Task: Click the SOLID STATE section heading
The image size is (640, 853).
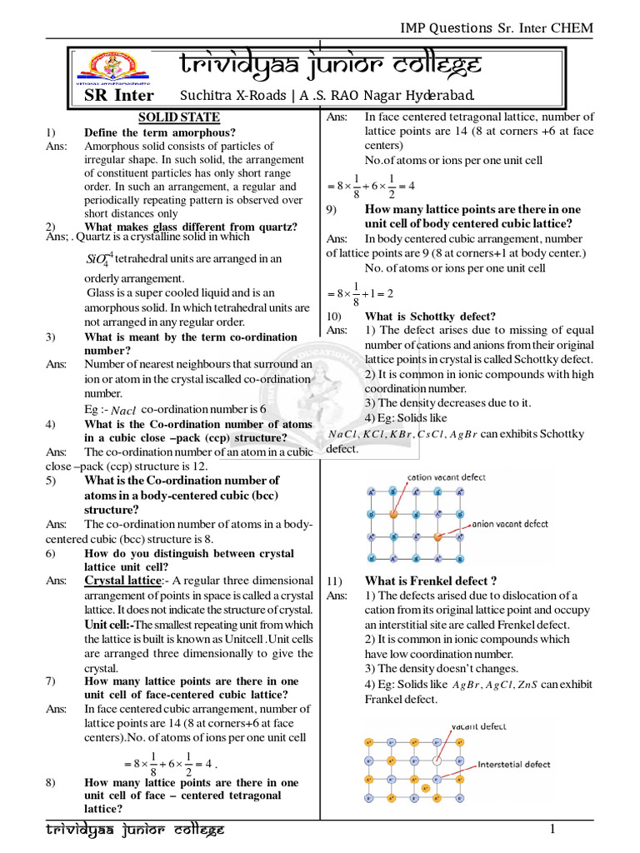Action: pos(178,117)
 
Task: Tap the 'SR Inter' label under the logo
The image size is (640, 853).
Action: pos(118,94)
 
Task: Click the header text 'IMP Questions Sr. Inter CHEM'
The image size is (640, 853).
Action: pos(497,27)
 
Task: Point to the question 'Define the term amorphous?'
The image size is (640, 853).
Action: pos(160,132)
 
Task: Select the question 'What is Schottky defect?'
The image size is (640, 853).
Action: pos(430,317)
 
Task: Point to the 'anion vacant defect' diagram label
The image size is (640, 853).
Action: pos(510,525)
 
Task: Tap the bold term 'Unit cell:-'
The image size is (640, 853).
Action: pos(109,625)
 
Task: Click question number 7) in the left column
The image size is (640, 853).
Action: pos(52,681)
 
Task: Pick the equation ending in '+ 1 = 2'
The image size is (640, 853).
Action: pos(359,294)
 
